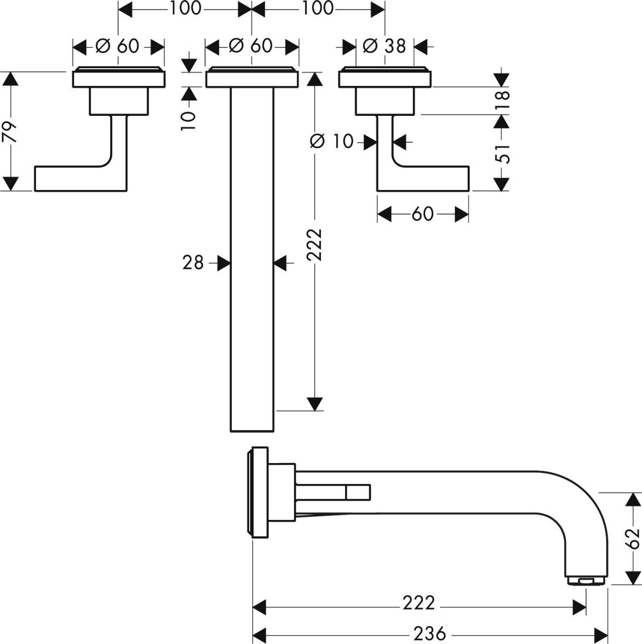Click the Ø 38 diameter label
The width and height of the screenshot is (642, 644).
pyautogui.click(x=384, y=46)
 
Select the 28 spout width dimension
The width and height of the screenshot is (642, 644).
pyautogui.click(x=193, y=263)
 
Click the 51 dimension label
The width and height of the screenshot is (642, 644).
pyautogui.click(x=502, y=153)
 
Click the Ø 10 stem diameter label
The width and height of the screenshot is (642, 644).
pyautogui.click(x=332, y=142)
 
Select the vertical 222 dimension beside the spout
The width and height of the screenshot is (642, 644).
pyautogui.click(x=315, y=245)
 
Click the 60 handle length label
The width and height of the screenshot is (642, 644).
pyautogui.click(x=422, y=214)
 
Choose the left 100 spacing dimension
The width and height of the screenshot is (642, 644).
pyautogui.click(x=185, y=9)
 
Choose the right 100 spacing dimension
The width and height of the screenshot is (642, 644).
pyautogui.click(x=318, y=9)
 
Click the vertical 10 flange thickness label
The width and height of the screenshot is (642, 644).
pyautogui.click(x=188, y=121)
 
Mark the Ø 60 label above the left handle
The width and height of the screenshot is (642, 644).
pyautogui.click(x=117, y=46)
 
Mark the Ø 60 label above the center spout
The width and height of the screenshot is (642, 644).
pyautogui.click(x=251, y=46)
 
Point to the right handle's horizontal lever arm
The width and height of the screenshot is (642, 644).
pyautogui.click(x=432, y=179)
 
